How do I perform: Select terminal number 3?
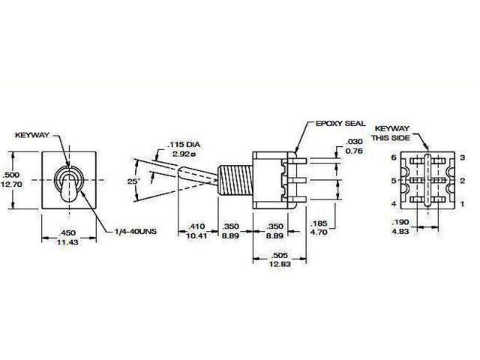tap(463, 157)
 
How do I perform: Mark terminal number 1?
tap(463, 204)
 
